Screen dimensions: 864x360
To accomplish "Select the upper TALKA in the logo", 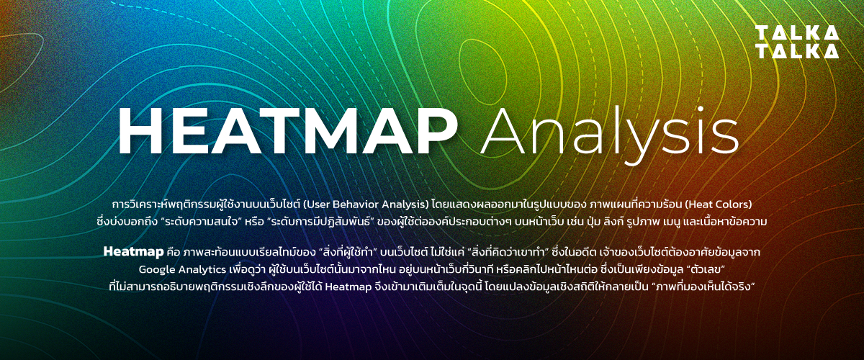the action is point(797,33).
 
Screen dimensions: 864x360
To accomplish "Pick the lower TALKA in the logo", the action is point(797,51).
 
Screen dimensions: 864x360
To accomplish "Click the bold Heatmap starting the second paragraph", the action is point(133,252).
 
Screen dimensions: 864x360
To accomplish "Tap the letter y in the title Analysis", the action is point(636,143).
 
